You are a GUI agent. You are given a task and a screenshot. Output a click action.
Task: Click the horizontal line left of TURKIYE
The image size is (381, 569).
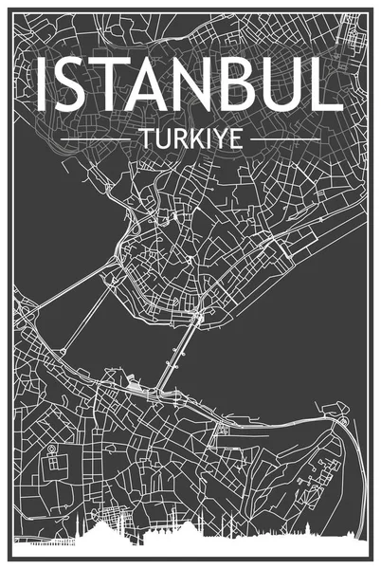(95, 139)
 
